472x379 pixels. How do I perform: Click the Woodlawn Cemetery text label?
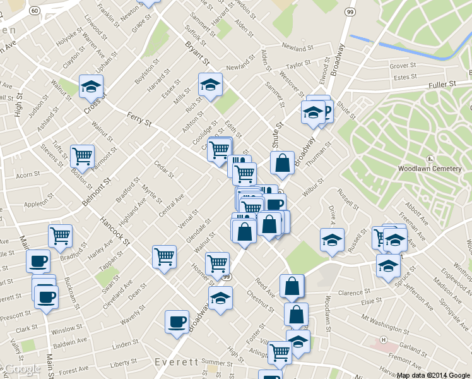(430, 169)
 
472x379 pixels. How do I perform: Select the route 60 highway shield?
(35, 11)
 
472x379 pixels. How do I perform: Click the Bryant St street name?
(197, 54)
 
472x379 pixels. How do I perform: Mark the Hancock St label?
(114, 232)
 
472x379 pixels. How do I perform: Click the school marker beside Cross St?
(91, 86)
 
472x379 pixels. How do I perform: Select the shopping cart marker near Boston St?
(82, 155)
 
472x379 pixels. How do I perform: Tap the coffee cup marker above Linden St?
(176, 321)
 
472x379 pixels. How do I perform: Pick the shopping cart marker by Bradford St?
(61, 236)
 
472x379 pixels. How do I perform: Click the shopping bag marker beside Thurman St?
(283, 163)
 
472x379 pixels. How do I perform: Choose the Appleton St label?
(37, 205)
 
